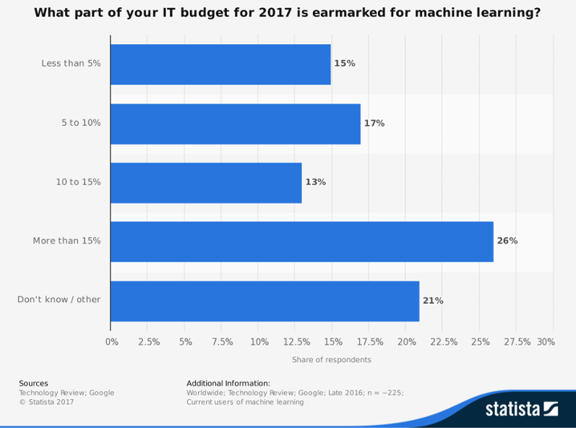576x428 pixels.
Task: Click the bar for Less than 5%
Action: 220,64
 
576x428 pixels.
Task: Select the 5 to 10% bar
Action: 236,124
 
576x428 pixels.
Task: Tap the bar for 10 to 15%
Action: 206,182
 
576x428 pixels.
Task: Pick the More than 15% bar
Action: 301,241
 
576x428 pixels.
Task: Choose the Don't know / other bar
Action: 265,301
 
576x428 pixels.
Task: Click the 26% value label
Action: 507,241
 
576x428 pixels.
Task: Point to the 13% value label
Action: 316,182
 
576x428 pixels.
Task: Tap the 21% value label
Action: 434,301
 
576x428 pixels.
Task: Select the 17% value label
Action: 374,124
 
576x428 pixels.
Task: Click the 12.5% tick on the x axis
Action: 295,342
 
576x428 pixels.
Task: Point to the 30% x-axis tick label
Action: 546,342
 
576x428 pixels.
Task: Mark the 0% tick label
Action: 112,342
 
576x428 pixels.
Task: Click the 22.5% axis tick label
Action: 443,342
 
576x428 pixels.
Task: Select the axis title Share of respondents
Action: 332,359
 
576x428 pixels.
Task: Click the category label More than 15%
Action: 66,241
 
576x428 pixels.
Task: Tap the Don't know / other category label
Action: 59,300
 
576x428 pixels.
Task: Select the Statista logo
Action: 521,409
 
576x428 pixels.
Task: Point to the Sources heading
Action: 33,383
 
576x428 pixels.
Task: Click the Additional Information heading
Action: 228,383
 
